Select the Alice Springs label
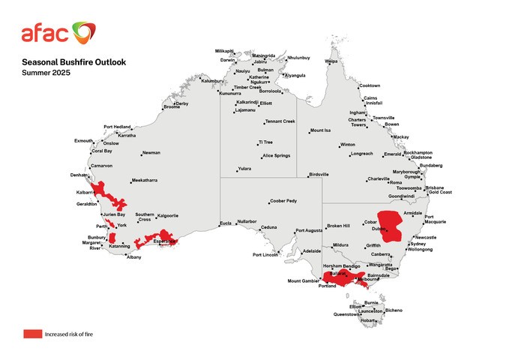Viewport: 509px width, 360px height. click(277, 155)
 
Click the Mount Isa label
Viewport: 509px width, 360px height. click(324, 130)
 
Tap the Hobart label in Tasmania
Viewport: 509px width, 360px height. click(367, 320)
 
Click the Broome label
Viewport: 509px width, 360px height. click(172, 106)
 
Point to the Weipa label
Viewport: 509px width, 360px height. click(331, 61)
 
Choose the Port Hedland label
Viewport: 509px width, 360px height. click(117, 127)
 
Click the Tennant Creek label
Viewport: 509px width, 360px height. click(281, 121)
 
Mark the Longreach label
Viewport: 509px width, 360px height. click(361, 154)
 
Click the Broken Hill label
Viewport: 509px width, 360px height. click(338, 226)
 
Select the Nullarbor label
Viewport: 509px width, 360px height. click(247, 222)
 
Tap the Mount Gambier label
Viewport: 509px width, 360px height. click(303, 281)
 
